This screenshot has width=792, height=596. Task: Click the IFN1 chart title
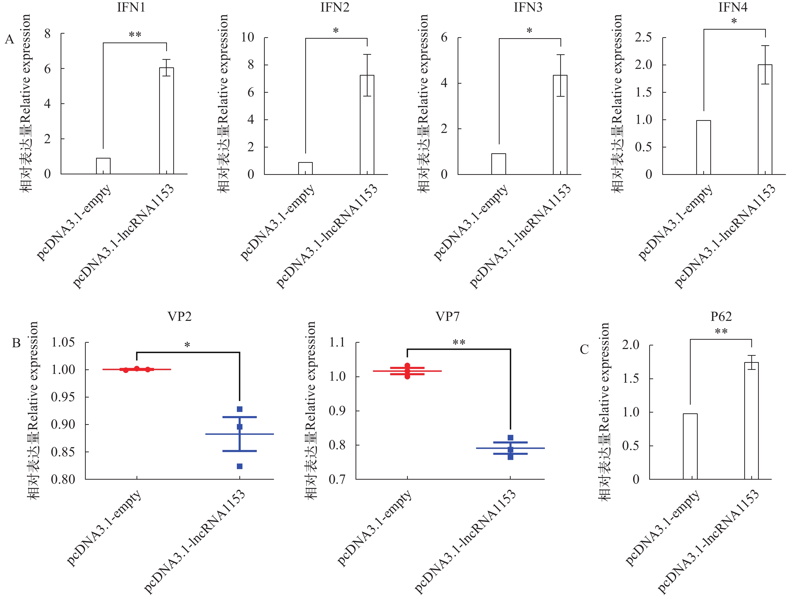coord(131,8)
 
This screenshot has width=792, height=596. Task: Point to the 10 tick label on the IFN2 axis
coord(247,37)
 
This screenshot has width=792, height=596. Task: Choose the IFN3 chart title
coord(528,8)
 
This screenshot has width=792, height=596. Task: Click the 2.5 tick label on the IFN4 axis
coord(643,37)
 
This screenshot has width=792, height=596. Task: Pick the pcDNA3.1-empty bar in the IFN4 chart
coord(703,147)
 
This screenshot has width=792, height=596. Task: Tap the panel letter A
coord(9,39)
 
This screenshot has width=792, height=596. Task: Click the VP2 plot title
coord(179,317)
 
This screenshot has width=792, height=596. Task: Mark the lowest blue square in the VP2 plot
coord(240,466)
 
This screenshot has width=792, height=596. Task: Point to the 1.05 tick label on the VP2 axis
coord(63,342)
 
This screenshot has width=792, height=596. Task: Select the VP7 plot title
coord(448,317)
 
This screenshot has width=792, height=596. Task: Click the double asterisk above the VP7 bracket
coord(459,343)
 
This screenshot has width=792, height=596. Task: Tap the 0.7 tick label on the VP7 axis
coord(337,479)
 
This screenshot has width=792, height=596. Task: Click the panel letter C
coord(584,350)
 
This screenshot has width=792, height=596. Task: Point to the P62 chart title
coord(721,317)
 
